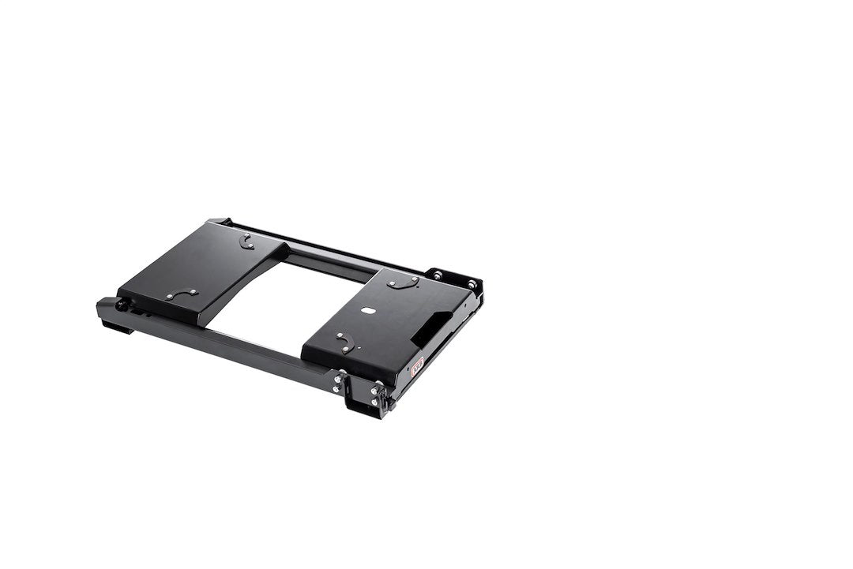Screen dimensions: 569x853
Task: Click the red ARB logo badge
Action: pyautogui.click(x=417, y=364)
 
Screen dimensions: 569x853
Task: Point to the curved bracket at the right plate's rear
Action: pyautogui.click(x=404, y=282)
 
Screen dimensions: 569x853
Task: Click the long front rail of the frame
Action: pyautogui.click(x=229, y=347)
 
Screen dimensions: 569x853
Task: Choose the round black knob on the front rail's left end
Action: pyautogui.click(x=122, y=304)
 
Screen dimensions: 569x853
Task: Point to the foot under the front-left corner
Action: pyautogui.click(x=117, y=325)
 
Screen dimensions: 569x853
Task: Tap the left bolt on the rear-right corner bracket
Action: pyautogui.click(x=437, y=275)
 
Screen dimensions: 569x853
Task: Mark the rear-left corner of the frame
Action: pyautogui.click(x=218, y=223)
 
